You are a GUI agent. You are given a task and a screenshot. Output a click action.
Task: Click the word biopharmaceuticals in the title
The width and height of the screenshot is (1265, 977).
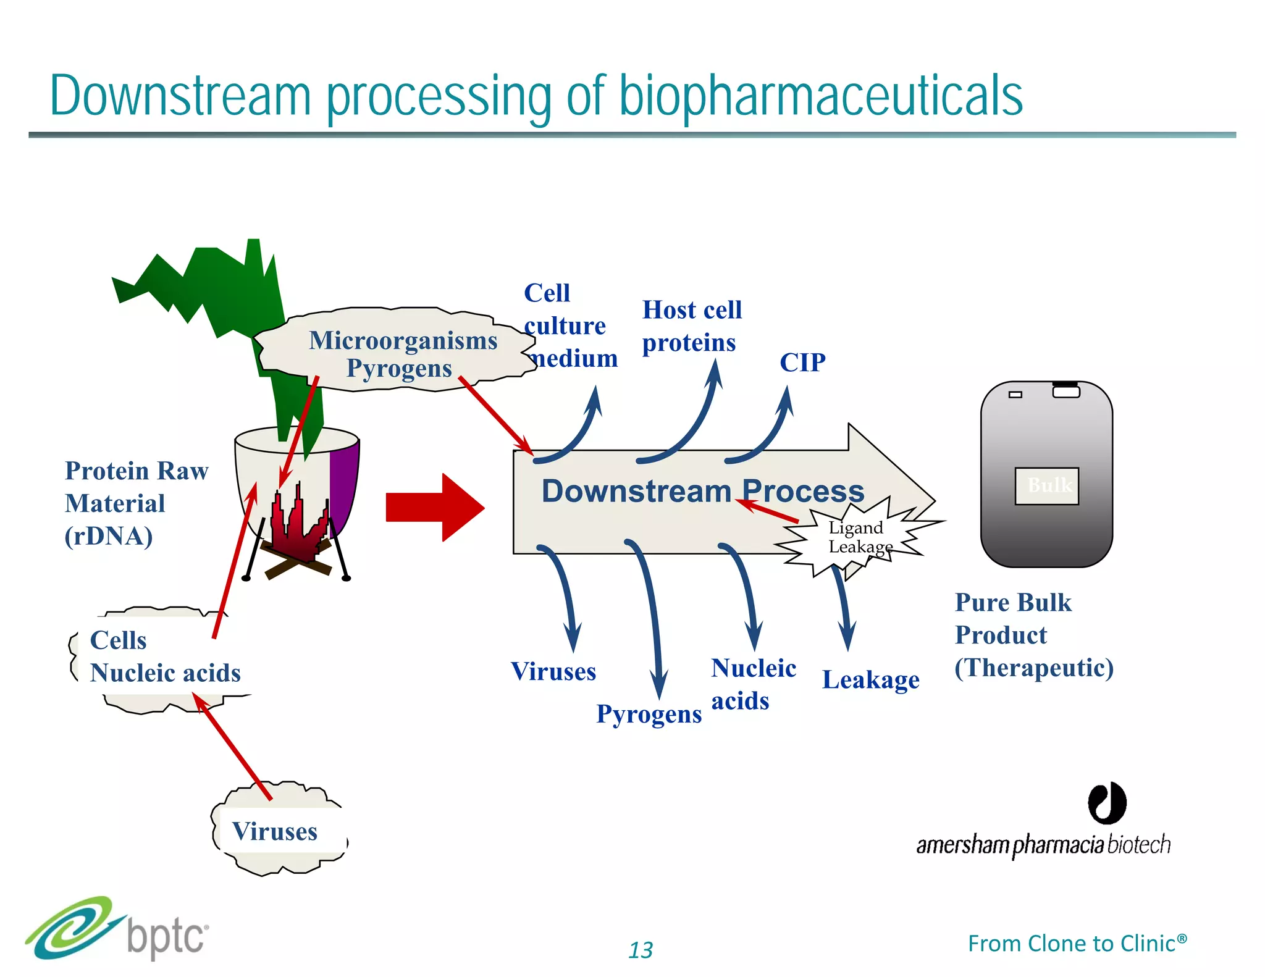click(x=820, y=96)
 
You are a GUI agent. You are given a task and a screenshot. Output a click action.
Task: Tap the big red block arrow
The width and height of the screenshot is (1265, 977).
click(x=435, y=508)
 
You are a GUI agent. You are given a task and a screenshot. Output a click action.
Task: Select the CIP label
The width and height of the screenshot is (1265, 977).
click(x=802, y=363)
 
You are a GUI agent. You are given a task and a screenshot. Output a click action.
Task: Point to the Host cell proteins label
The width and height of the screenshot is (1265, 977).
click(x=691, y=326)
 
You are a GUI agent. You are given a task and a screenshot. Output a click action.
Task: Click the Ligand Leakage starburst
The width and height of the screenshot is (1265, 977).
click(x=859, y=537)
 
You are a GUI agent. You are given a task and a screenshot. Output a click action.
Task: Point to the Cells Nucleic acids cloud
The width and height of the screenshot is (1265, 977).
click(x=164, y=657)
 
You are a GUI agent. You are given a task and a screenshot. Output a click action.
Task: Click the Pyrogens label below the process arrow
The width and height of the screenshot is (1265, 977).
click(x=649, y=714)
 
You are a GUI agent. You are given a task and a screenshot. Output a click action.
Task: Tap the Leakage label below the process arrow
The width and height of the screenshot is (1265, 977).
click(x=870, y=680)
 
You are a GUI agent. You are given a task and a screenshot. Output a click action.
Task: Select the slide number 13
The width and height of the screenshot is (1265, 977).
click(x=641, y=950)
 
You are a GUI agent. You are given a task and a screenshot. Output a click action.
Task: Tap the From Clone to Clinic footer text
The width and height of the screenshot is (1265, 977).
click(x=1077, y=944)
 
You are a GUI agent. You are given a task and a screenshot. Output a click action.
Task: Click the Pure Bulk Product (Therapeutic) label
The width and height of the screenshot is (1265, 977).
click(x=1033, y=635)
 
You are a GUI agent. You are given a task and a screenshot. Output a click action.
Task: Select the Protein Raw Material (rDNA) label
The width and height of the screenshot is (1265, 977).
click(x=136, y=503)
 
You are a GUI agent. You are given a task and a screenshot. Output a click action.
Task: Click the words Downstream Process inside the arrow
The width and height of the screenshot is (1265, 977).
click(x=702, y=492)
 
